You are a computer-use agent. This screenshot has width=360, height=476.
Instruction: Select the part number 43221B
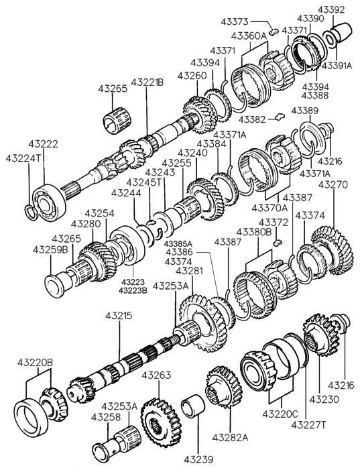pyautogui.click(x=147, y=82)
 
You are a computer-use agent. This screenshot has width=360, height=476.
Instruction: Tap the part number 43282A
pyautogui.click(x=230, y=438)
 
